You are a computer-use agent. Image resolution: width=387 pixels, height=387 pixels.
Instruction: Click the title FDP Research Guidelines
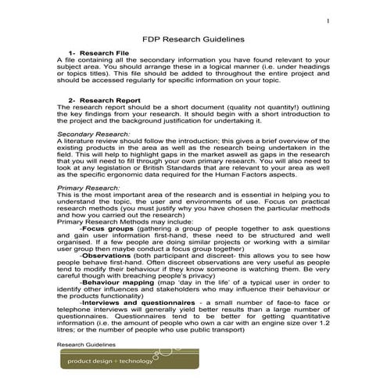point(193,38)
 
